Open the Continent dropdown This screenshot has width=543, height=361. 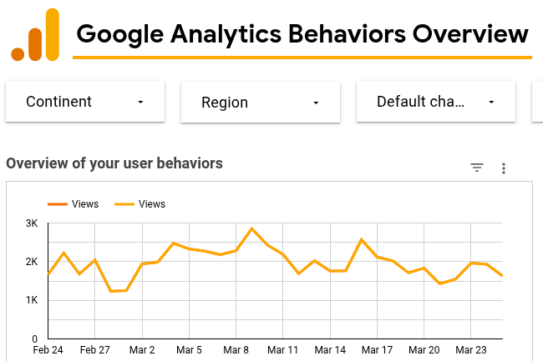pyautogui.click(x=85, y=102)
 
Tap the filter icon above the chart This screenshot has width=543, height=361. pyautogui.click(x=477, y=168)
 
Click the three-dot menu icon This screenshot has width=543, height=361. pyautogui.click(x=504, y=168)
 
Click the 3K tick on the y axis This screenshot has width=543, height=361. pyautogui.click(x=32, y=223)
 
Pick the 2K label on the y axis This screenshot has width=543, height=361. pyautogui.click(x=32, y=262)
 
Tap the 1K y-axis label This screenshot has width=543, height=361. pyautogui.click(x=32, y=300)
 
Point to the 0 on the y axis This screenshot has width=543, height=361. pyautogui.click(x=35, y=339)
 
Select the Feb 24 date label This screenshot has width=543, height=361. pyautogui.click(x=48, y=351)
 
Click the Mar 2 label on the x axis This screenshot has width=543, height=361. pyautogui.click(x=142, y=351)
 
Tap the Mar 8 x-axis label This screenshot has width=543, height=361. pyautogui.click(x=236, y=351)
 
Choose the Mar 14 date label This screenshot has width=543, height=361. pyautogui.click(x=331, y=351)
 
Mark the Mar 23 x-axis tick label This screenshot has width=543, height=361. pyautogui.click(x=472, y=351)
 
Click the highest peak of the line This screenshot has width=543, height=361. pyautogui.click(x=251, y=228)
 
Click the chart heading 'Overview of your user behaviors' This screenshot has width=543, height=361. pyautogui.click(x=114, y=163)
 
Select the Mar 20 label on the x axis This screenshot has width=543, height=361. pyautogui.click(x=424, y=351)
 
